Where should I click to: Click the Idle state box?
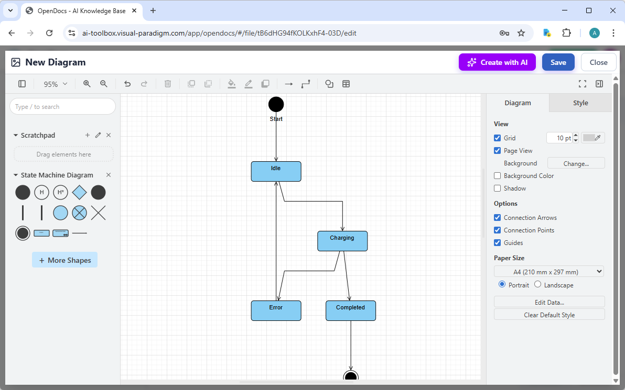pos(276,171)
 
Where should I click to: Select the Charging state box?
pos(342,241)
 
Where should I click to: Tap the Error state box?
pos(276,310)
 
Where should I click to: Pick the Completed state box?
pos(351,310)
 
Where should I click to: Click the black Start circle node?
pos(276,105)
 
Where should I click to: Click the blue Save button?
pos(558,62)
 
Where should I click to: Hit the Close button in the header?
pos(598,62)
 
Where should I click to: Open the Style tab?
pos(580,103)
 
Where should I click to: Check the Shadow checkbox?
pos(498,188)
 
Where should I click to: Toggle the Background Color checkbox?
pos(498,176)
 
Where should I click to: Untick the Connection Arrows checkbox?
pos(498,218)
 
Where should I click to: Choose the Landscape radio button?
pos(538,285)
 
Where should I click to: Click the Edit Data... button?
pos(549,302)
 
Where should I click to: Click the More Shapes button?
pos(64,260)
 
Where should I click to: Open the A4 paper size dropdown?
pos(549,272)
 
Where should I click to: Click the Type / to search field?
pos(62,107)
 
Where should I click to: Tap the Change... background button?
pos(576,163)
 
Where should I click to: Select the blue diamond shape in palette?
pos(79,193)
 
